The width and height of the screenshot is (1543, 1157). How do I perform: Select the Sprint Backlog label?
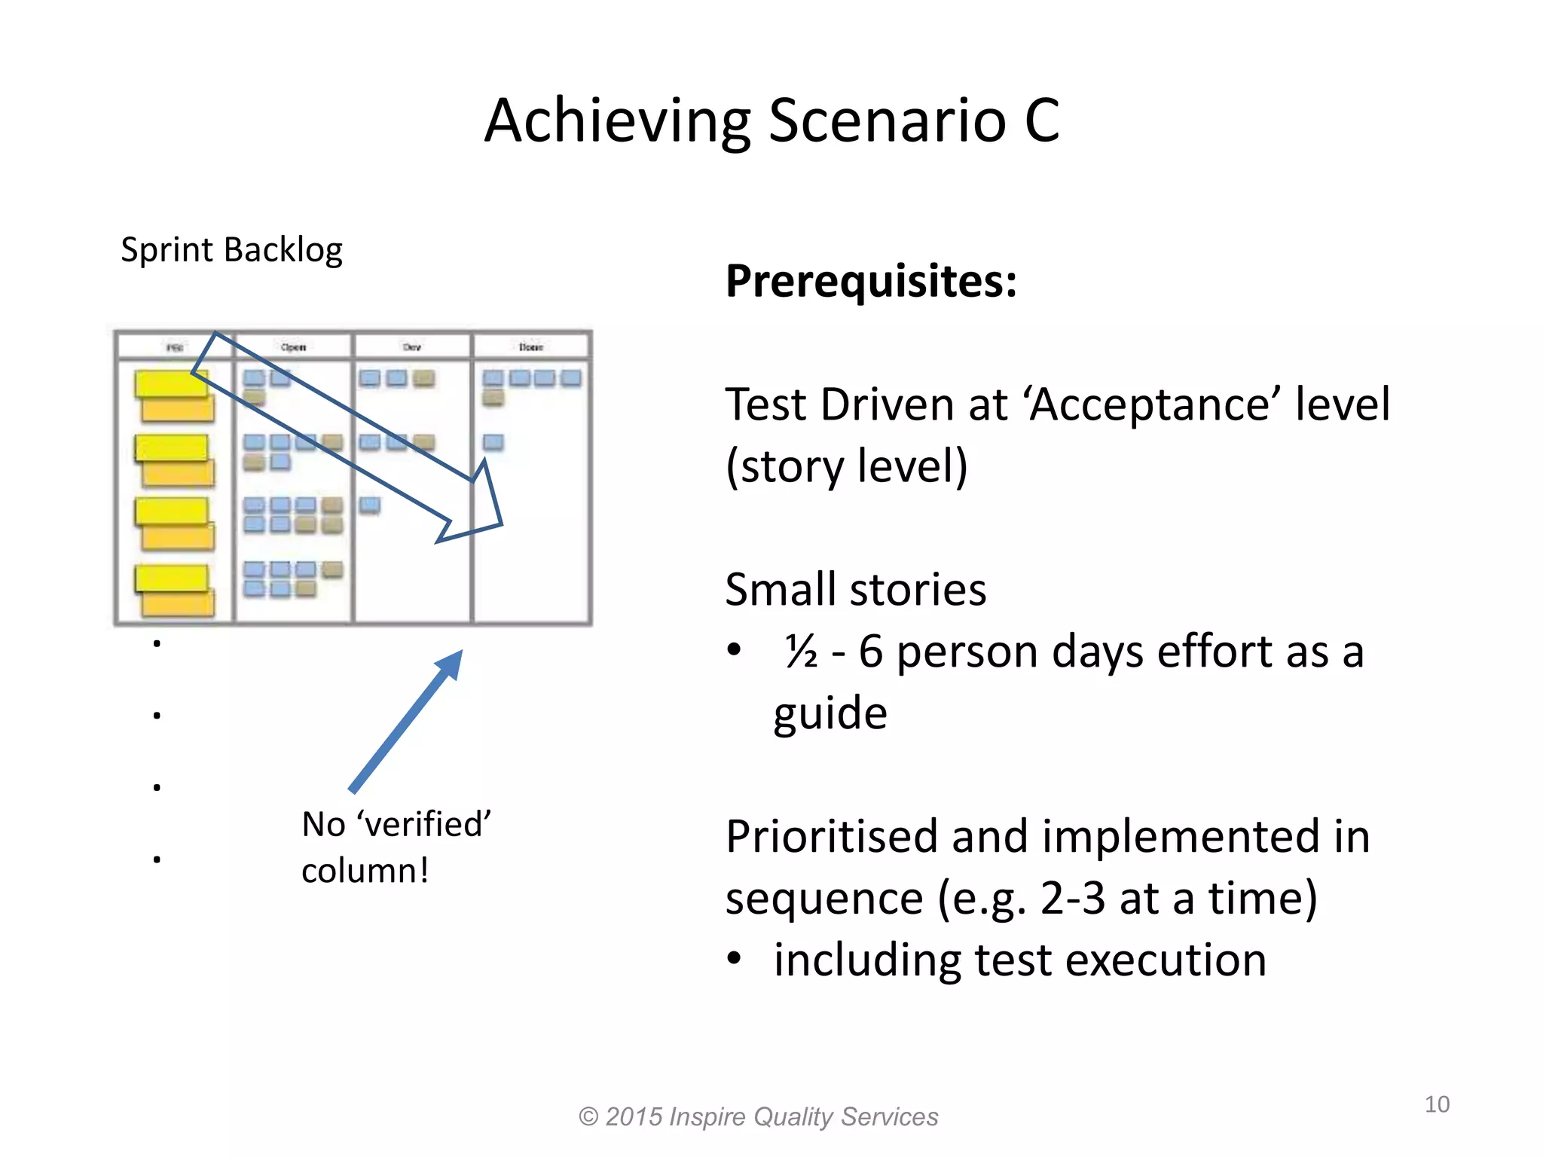231,250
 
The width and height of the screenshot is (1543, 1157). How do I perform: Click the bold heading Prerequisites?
871,281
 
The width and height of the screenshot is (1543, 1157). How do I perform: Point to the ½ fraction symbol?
800,652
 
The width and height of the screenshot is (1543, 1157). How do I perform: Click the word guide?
830,713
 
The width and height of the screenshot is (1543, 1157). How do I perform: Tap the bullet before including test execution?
734,959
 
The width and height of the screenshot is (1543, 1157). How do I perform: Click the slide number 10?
1437,1104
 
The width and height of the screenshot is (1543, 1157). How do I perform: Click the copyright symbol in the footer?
588,1117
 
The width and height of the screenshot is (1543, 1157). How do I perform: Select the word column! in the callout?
365,872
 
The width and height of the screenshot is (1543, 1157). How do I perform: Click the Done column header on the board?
530,347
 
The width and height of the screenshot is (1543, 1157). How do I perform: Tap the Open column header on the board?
293,347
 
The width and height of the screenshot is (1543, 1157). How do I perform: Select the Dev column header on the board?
411,347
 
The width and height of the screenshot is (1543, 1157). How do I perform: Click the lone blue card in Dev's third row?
369,505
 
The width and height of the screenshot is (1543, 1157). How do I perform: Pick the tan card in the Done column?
493,397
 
